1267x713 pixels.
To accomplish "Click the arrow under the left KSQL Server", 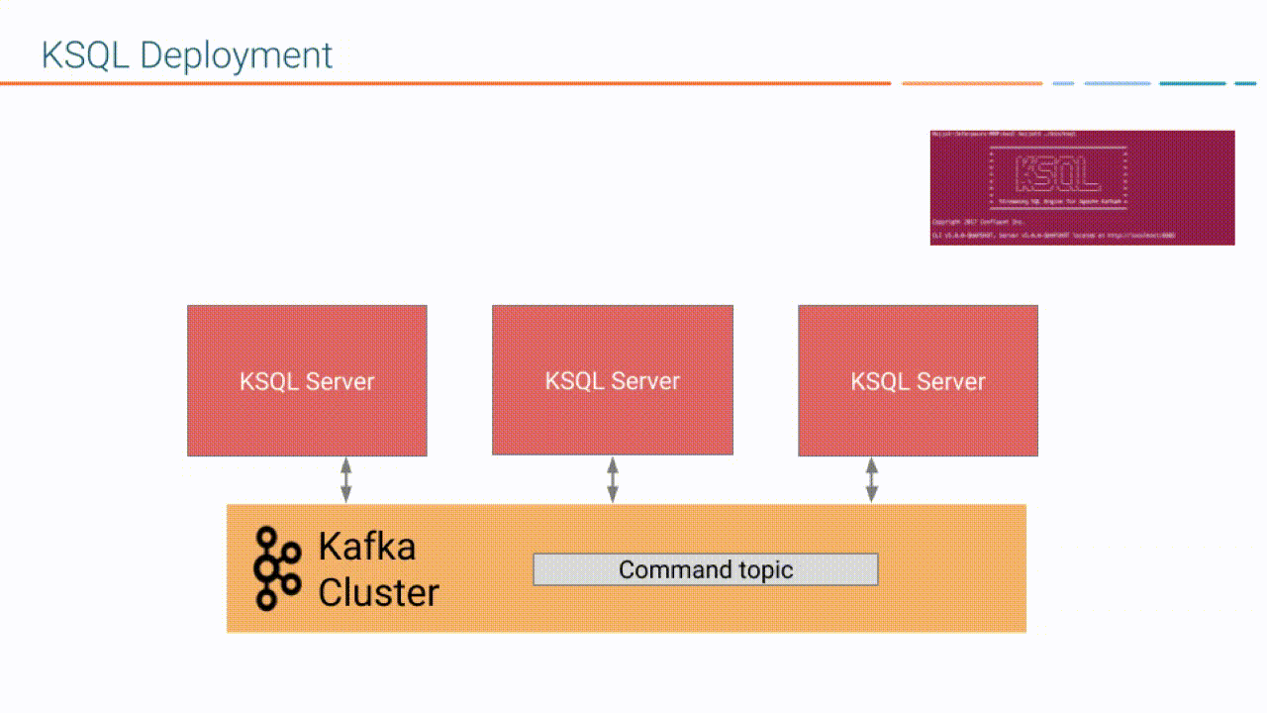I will point(345,480).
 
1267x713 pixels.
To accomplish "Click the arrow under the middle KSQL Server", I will point(613,480).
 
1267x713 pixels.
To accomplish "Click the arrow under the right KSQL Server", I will point(871,480).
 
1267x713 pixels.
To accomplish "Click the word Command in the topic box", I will point(661,570).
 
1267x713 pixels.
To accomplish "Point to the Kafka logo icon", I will point(276,567).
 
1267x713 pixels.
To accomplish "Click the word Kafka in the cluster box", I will point(366,547).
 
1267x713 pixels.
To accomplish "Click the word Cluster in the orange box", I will point(378,592).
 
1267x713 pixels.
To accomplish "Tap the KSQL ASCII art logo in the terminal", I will point(1058,172).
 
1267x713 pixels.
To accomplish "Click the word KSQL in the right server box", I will point(879,381).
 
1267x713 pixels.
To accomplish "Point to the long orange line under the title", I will point(445,83).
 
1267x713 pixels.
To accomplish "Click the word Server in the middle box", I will point(645,381).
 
